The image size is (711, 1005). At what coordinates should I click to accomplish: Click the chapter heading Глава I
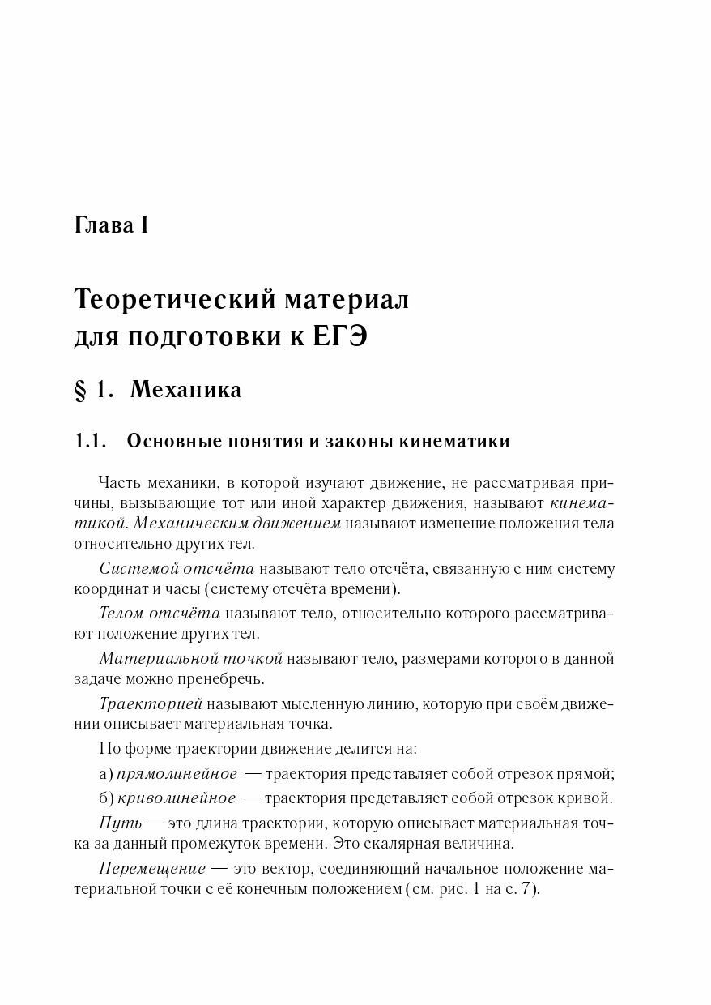click(x=110, y=225)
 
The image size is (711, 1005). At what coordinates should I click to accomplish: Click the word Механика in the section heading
click(x=185, y=390)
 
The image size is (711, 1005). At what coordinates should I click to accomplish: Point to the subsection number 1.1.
click(x=91, y=442)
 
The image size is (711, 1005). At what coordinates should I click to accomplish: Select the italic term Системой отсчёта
click(x=177, y=569)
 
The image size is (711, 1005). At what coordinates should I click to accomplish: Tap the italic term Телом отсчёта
click(x=159, y=614)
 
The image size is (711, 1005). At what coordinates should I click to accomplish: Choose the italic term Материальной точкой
click(x=190, y=658)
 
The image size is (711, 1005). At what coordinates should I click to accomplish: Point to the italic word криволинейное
click(x=177, y=798)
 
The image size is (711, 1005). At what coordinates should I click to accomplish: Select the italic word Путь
click(x=120, y=823)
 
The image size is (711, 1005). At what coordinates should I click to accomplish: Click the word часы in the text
click(x=185, y=588)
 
